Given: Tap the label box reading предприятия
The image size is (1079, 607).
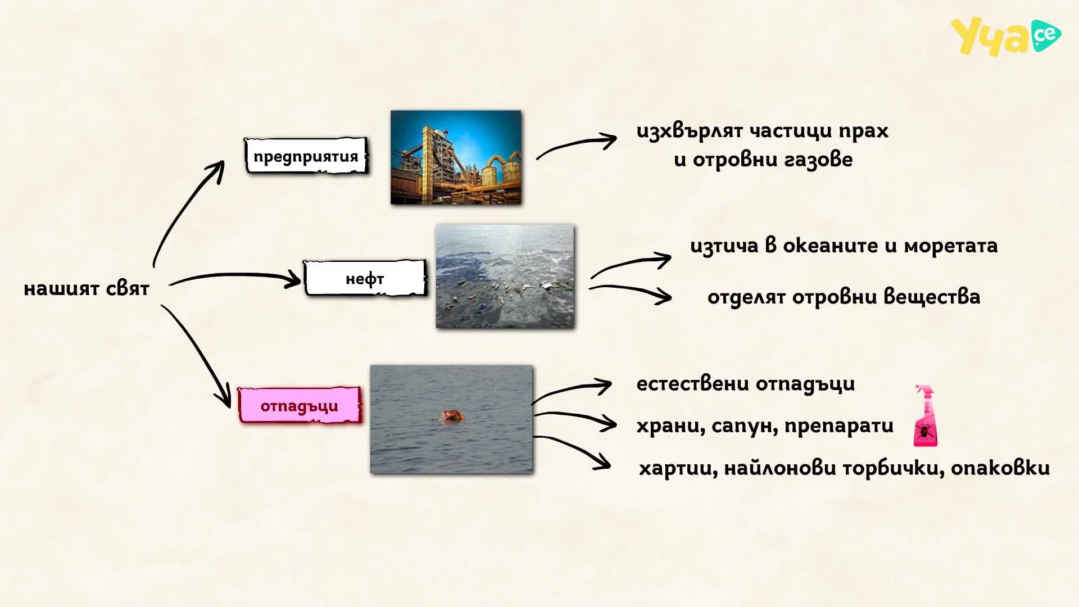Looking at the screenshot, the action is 306,156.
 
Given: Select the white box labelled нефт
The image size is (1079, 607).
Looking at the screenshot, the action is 365,278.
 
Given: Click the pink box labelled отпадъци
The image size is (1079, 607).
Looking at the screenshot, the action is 300,405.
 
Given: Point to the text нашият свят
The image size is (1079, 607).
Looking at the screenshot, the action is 87,288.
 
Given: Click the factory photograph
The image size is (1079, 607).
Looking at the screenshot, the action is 456,157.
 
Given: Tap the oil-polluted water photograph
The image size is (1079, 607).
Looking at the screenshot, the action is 505,277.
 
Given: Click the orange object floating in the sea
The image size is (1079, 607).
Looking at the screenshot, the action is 453,416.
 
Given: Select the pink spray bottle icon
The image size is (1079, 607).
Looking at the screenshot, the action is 925,416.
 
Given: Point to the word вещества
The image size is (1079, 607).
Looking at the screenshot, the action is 932,297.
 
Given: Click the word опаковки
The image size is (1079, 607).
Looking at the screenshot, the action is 1000,468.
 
